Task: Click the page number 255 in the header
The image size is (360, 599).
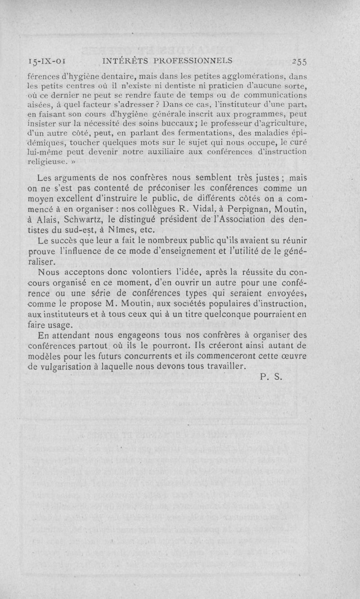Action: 299,62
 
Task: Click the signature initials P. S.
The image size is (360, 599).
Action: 270,377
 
